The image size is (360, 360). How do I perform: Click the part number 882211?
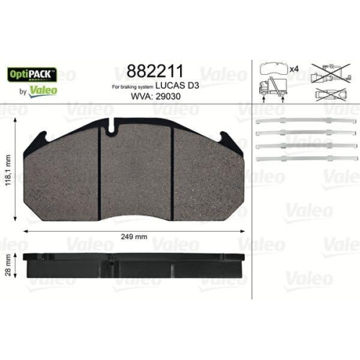coord(154,71)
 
